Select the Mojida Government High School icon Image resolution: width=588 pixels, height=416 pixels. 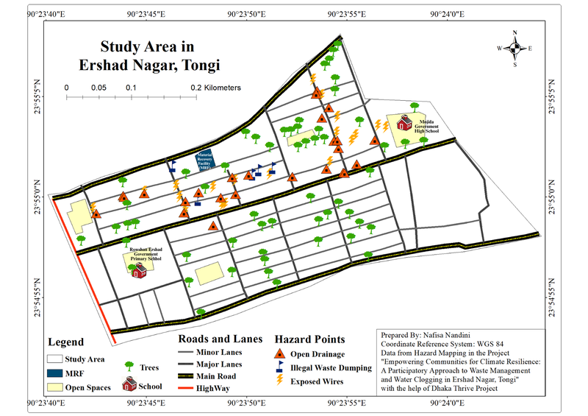click(404, 123)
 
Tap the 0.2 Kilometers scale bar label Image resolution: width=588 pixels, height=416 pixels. click(215, 88)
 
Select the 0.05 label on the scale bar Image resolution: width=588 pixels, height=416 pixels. click(98, 88)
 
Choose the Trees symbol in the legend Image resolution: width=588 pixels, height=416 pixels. click(129, 366)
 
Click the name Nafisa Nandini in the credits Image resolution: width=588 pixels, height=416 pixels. click(455, 334)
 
